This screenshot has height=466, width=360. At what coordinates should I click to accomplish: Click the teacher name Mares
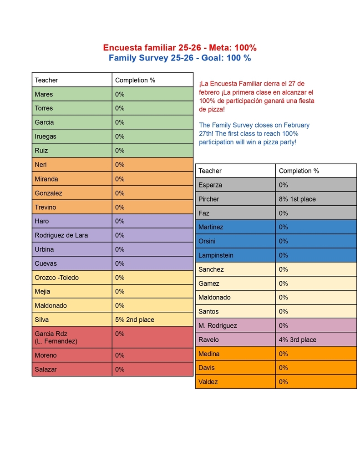click(44, 94)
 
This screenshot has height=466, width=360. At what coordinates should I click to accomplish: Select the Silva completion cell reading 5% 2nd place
click(134, 319)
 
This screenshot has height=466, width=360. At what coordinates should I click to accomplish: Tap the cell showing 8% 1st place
click(297, 199)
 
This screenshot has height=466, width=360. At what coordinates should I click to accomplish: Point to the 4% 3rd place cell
click(297, 339)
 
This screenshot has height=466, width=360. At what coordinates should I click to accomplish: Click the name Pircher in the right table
click(208, 199)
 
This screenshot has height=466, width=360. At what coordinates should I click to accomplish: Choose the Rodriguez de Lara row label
click(61, 235)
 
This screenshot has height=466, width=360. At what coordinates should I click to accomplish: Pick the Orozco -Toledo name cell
click(56, 278)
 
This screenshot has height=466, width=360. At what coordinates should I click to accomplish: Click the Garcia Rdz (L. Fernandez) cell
click(56, 337)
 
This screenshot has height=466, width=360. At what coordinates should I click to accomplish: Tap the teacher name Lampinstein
click(216, 255)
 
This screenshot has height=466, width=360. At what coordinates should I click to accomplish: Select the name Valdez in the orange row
click(208, 382)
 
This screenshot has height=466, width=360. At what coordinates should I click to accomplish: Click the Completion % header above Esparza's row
click(299, 171)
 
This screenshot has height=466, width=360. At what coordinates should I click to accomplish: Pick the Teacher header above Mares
click(46, 80)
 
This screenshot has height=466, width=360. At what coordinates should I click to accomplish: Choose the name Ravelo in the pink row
click(208, 339)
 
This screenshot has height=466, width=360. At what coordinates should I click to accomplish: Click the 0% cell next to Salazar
click(120, 370)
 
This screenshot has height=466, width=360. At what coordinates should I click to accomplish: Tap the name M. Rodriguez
click(218, 325)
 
